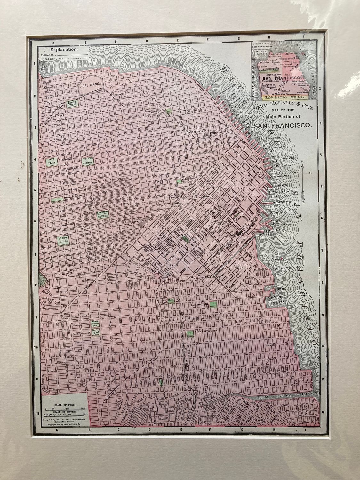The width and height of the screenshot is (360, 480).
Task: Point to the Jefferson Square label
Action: [x=103, y=214]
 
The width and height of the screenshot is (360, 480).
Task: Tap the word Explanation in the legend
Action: [x=63, y=50]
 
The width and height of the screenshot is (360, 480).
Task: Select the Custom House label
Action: [x=194, y=132]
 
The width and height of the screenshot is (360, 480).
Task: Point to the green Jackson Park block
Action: [x=213, y=304]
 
